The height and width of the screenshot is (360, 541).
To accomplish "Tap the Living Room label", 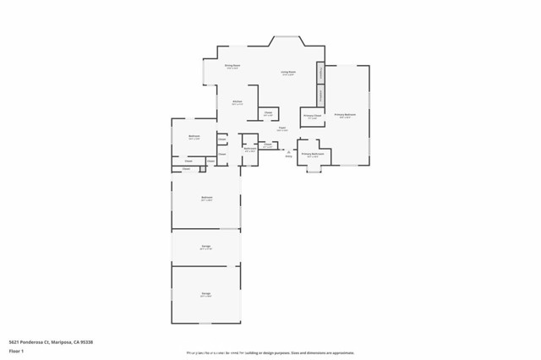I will (288, 73).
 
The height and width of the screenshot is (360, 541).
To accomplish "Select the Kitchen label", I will (238, 102).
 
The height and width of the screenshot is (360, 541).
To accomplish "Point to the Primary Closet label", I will (312, 117).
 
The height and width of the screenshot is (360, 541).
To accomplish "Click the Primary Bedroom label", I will (344, 115).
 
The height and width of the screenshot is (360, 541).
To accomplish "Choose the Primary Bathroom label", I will (313, 155).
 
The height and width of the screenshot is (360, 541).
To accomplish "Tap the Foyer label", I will (282, 129).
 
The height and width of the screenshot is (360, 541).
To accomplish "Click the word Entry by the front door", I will (288, 156).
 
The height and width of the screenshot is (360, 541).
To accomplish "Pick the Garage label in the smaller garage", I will (205, 248).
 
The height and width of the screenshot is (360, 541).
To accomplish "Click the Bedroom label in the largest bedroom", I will (206, 199).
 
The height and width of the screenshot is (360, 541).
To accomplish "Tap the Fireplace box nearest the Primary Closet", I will (321, 95).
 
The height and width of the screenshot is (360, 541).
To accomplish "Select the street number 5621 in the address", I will (14, 341).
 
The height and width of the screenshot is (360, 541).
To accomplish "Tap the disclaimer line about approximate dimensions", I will (270, 353).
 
